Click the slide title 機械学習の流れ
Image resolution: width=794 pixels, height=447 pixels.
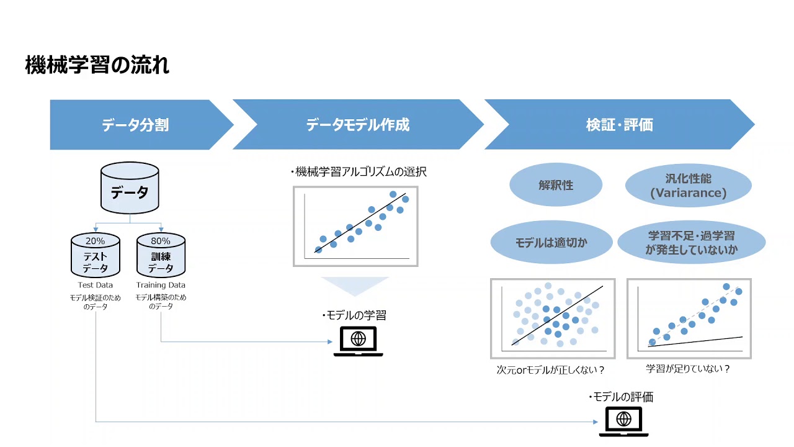tap(97, 65)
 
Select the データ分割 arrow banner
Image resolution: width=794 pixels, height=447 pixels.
tap(135, 125)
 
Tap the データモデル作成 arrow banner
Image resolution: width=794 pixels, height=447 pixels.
tap(358, 125)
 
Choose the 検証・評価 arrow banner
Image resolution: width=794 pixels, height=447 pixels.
tap(619, 125)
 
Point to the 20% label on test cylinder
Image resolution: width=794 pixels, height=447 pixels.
tap(96, 241)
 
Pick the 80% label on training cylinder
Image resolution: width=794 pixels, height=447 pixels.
tap(161, 241)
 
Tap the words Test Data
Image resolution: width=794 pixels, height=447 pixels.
tap(96, 285)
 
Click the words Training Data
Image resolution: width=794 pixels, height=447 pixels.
tap(161, 285)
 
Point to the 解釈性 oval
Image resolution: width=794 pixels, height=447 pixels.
tap(556, 185)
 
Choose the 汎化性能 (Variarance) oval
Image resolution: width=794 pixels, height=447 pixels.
tap(688, 186)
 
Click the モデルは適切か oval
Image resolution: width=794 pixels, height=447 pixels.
tap(551, 243)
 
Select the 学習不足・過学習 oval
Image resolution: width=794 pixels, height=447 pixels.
tap(691, 243)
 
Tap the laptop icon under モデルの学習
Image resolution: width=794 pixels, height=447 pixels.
tap(358, 341)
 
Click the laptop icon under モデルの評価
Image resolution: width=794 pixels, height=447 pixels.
tap(624, 422)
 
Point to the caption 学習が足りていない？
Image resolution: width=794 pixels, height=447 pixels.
tap(688, 369)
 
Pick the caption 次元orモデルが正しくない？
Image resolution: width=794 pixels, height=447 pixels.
tap(551, 369)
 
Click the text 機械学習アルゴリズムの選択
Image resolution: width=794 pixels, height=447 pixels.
tap(359, 172)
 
